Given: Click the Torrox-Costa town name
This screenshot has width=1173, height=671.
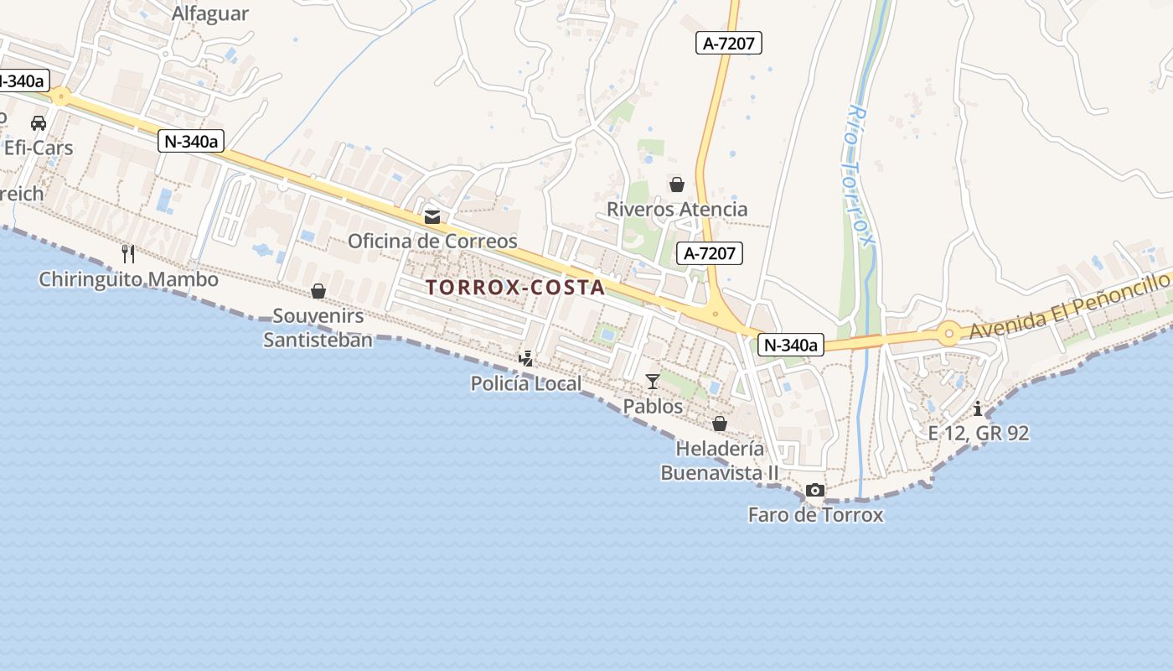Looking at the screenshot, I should click(x=514, y=287).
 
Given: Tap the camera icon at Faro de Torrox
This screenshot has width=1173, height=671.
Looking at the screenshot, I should click(x=814, y=490).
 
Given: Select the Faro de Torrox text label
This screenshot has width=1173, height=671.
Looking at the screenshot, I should click(x=815, y=514).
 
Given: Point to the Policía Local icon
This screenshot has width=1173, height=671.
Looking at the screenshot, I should click(x=525, y=359).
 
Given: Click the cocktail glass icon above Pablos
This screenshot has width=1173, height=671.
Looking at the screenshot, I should click(x=653, y=382).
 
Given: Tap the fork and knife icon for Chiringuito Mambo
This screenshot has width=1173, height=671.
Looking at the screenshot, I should click(x=128, y=253).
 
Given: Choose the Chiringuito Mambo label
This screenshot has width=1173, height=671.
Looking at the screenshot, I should click(x=128, y=279).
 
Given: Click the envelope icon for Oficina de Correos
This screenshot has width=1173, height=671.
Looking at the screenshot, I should click(x=432, y=217).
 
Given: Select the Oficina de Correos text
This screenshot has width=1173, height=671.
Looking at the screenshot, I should click(x=432, y=242).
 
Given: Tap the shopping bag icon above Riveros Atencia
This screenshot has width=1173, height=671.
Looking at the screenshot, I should click(x=676, y=185).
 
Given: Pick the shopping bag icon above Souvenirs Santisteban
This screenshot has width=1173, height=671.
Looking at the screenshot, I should click(x=318, y=291).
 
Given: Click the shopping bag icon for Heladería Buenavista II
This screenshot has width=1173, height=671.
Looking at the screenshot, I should click(x=720, y=424).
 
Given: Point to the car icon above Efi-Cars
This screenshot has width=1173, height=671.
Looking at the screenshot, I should click(x=39, y=123).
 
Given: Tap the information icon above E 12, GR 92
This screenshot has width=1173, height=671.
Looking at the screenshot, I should click(x=978, y=408).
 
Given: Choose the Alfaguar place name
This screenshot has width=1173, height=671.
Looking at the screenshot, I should click(x=210, y=13).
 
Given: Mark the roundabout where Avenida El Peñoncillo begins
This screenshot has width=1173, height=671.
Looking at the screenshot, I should click(x=948, y=333).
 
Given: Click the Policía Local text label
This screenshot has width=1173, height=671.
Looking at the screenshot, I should click(x=525, y=384).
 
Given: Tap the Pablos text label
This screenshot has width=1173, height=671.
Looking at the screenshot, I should click(x=653, y=406).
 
